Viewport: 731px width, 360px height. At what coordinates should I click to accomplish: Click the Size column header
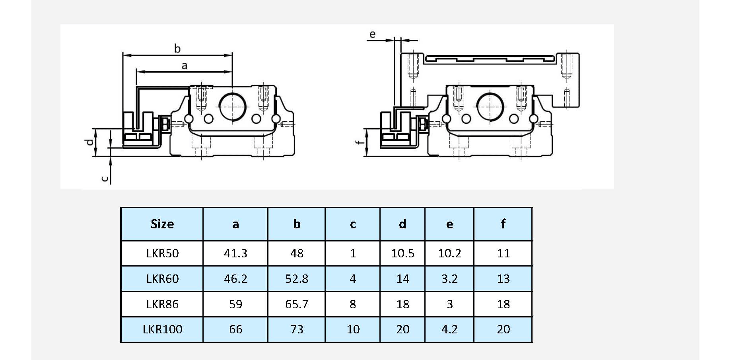(x=162, y=224)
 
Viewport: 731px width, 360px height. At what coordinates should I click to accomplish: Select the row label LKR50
(x=162, y=253)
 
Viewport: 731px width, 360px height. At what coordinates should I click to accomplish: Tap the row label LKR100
(x=162, y=329)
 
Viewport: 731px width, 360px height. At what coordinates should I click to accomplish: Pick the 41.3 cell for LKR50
(x=235, y=253)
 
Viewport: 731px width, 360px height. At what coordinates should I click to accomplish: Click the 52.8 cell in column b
(x=297, y=279)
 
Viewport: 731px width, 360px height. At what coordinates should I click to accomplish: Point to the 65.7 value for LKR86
(x=297, y=304)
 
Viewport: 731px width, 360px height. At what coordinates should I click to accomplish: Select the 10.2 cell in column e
(x=449, y=253)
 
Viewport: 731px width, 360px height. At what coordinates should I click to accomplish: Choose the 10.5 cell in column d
(x=402, y=253)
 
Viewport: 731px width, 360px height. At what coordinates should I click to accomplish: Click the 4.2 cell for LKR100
(x=449, y=329)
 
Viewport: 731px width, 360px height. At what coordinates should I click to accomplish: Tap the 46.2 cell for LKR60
(x=235, y=279)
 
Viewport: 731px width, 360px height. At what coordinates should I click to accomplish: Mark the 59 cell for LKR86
(x=235, y=304)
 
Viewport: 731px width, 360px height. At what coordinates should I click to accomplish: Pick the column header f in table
(x=503, y=224)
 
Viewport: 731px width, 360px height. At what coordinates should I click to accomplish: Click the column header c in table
(x=353, y=224)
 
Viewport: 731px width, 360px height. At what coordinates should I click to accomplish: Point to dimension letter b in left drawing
(x=177, y=49)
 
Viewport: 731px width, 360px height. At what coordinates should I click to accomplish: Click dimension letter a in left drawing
(x=184, y=66)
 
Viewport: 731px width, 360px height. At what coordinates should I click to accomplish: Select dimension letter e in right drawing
(x=372, y=34)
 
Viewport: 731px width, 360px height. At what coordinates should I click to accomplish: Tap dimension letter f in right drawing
(x=360, y=142)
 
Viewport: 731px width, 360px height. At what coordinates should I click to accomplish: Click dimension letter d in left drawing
(x=90, y=142)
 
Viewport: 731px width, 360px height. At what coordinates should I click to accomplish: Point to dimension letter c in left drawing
(x=105, y=179)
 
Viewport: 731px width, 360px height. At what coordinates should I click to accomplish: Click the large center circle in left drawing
(x=232, y=106)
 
